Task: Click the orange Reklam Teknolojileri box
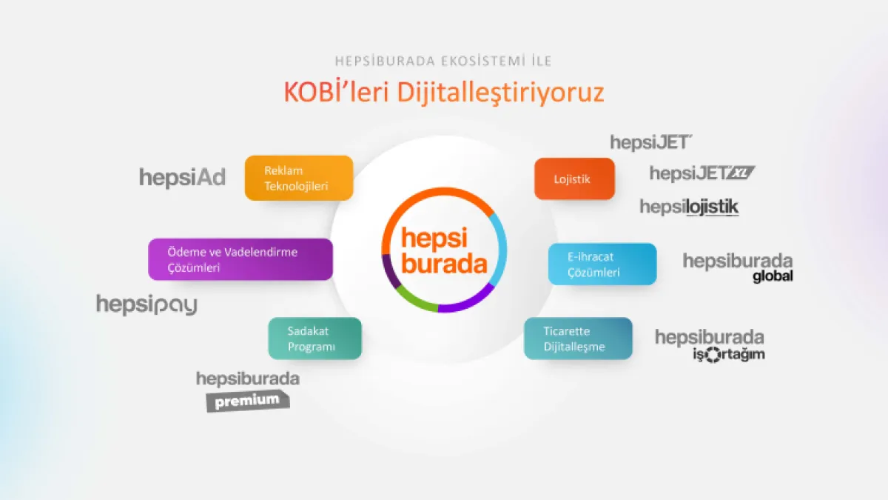pos(299,178)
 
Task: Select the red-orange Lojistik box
pos(574,179)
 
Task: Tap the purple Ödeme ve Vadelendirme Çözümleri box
pos(240,259)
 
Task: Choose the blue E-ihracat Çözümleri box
pos(602,264)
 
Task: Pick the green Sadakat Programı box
pos(314,339)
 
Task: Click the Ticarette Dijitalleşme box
pos(578,339)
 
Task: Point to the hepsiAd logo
pos(182,177)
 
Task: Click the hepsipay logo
pos(147,304)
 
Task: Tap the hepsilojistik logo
pos(690,207)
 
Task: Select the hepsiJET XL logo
pos(702,173)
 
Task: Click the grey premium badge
pos(248,401)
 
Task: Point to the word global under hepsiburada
pos(773,276)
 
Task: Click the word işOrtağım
pos(729,354)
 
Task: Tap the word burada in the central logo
pos(444,263)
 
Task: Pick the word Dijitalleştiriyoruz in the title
pos(500,93)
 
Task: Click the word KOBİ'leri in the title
pos(336,92)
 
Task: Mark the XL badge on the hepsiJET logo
pos(741,173)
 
